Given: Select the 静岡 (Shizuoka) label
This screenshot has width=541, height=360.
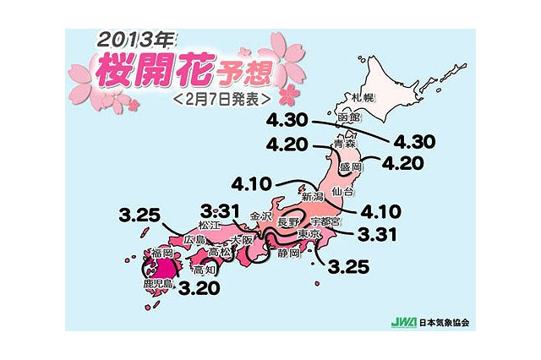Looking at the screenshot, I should (x=288, y=252).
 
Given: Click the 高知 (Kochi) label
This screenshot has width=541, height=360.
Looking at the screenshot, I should (x=204, y=270).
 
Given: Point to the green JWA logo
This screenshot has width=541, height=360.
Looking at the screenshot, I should (x=400, y=323).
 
